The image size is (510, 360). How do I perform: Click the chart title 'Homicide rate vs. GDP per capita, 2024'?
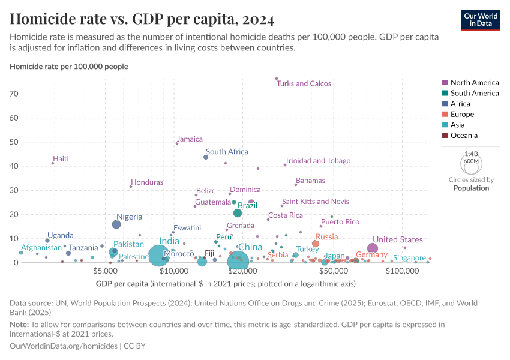pyautogui.click(x=142, y=19)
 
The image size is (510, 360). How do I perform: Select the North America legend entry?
pyautogui.click(x=474, y=82)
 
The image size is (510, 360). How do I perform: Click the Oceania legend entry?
pyautogui.click(x=464, y=136)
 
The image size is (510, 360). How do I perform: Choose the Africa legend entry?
pyautogui.click(x=461, y=104)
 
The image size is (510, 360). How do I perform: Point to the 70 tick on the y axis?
pyautogui.click(x=14, y=94)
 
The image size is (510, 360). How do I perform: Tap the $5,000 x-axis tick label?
pyautogui.click(x=106, y=271)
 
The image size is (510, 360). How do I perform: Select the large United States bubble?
pyautogui.click(x=373, y=248)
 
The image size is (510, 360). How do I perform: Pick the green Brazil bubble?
pyautogui.click(x=238, y=213)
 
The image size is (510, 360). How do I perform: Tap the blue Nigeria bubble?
pyautogui.click(x=116, y=224)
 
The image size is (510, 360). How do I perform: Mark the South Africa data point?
pyautogui.click(x=206, y=157)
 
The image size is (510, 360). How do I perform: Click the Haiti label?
pyautogui.click(x=61, y=159)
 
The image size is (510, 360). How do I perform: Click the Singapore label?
pyautogui.click(x=409, y=258)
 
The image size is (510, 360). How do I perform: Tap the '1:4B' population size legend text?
pyautogui.click(x=471, y=154)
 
